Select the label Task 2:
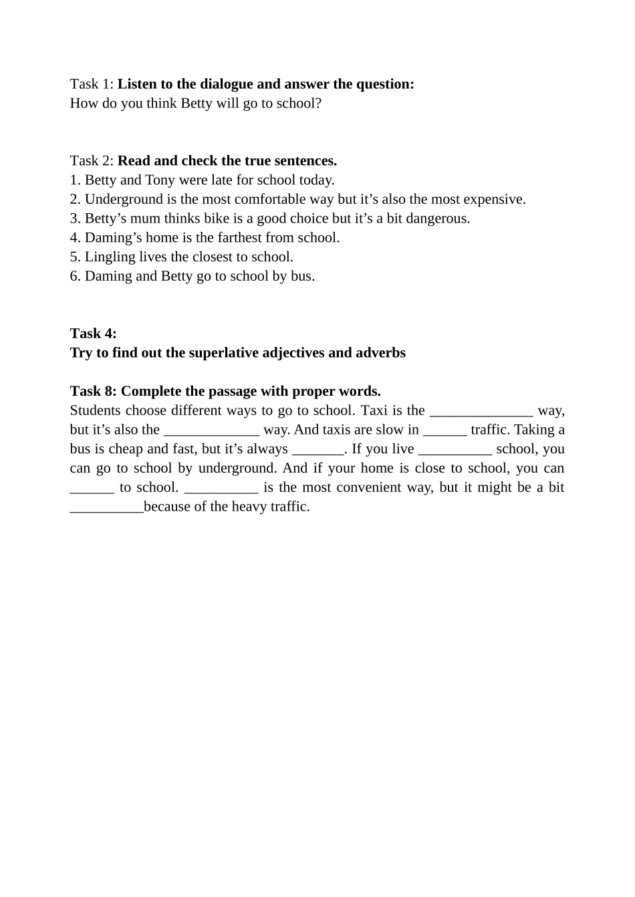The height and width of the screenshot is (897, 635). (92, 161)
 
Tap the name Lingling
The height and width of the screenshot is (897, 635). (110, 257)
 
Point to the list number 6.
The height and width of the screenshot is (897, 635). (74, 277)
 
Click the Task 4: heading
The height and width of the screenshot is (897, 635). (93, 334)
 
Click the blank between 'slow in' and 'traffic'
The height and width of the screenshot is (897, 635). (444, 430)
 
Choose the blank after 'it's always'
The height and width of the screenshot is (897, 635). (317, 450)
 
